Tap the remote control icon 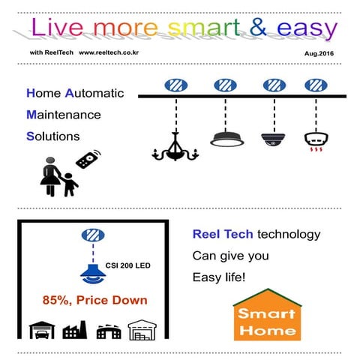[88, 160]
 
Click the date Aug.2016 [319, 55]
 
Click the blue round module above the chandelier [175, 85]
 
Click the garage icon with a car [40, 330]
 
